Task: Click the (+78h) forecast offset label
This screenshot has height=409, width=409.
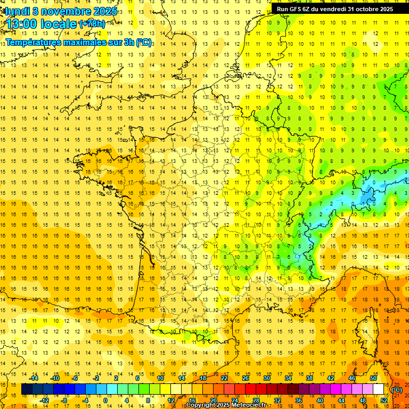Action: point(92,24)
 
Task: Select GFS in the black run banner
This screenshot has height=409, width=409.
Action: point(295,9)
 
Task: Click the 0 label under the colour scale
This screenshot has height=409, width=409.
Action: point(105,400)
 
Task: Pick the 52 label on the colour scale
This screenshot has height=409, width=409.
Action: point(383,400)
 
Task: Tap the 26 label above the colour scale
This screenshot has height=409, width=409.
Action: point(246,378)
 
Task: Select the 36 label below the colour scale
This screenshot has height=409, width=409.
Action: point(298,400)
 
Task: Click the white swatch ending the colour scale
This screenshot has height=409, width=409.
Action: point(378,389)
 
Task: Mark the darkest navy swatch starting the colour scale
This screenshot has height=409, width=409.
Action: point(27,389)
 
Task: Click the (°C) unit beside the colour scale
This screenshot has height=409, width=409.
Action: point(396,389)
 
